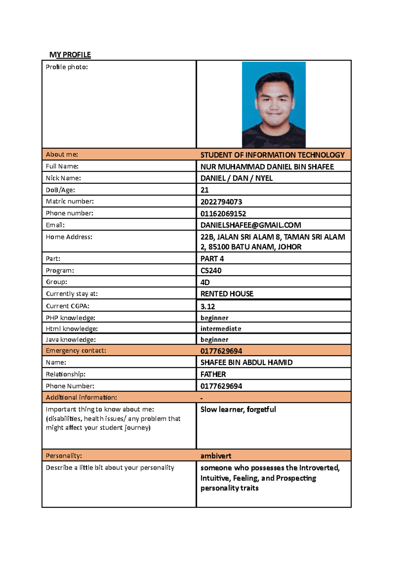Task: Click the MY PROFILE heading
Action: click(70, 55)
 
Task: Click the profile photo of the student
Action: click(274, 105)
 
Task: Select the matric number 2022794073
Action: click(221, 202)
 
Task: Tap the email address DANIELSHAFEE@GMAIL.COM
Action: click(251, 225)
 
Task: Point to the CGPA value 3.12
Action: click(208, 306)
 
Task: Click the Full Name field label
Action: click(62, 166)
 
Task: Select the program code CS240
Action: click(211, 271)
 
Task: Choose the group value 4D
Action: click(205, 282)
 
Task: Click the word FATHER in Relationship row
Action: click(213, 374)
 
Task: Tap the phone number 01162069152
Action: click(223, 214)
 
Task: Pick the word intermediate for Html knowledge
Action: click(221, 329)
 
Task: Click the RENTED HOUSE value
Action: click(227, 294)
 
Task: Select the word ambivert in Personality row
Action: click(216, 456)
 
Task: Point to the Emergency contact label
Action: click(76, 351)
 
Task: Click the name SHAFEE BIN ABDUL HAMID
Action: click(246, 362)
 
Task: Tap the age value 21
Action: click(204, 190)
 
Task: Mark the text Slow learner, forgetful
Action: click(238, 409)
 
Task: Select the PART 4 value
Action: click(212, 259)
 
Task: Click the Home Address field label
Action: click(69, 237)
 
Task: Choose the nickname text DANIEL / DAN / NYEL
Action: click(236, 178)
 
